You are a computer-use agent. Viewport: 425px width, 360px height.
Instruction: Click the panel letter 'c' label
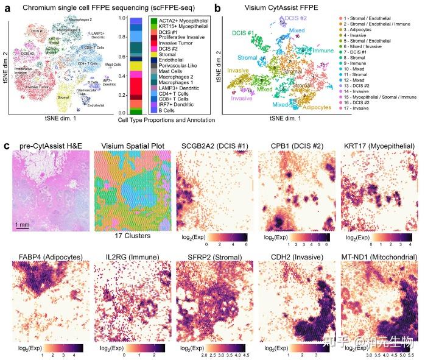6,147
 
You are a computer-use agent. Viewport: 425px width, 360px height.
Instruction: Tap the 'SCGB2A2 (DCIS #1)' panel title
211,147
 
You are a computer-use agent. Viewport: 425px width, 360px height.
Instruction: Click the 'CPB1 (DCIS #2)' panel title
293,147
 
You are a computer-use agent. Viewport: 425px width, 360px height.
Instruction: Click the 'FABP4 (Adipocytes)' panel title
47,258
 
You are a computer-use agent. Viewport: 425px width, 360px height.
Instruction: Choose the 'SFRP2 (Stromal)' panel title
211,258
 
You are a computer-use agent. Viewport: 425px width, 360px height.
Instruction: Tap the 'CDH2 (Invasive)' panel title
294,258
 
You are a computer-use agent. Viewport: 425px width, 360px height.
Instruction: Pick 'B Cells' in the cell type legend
160,110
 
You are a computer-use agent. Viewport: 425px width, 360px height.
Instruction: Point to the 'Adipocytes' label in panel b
307,107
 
